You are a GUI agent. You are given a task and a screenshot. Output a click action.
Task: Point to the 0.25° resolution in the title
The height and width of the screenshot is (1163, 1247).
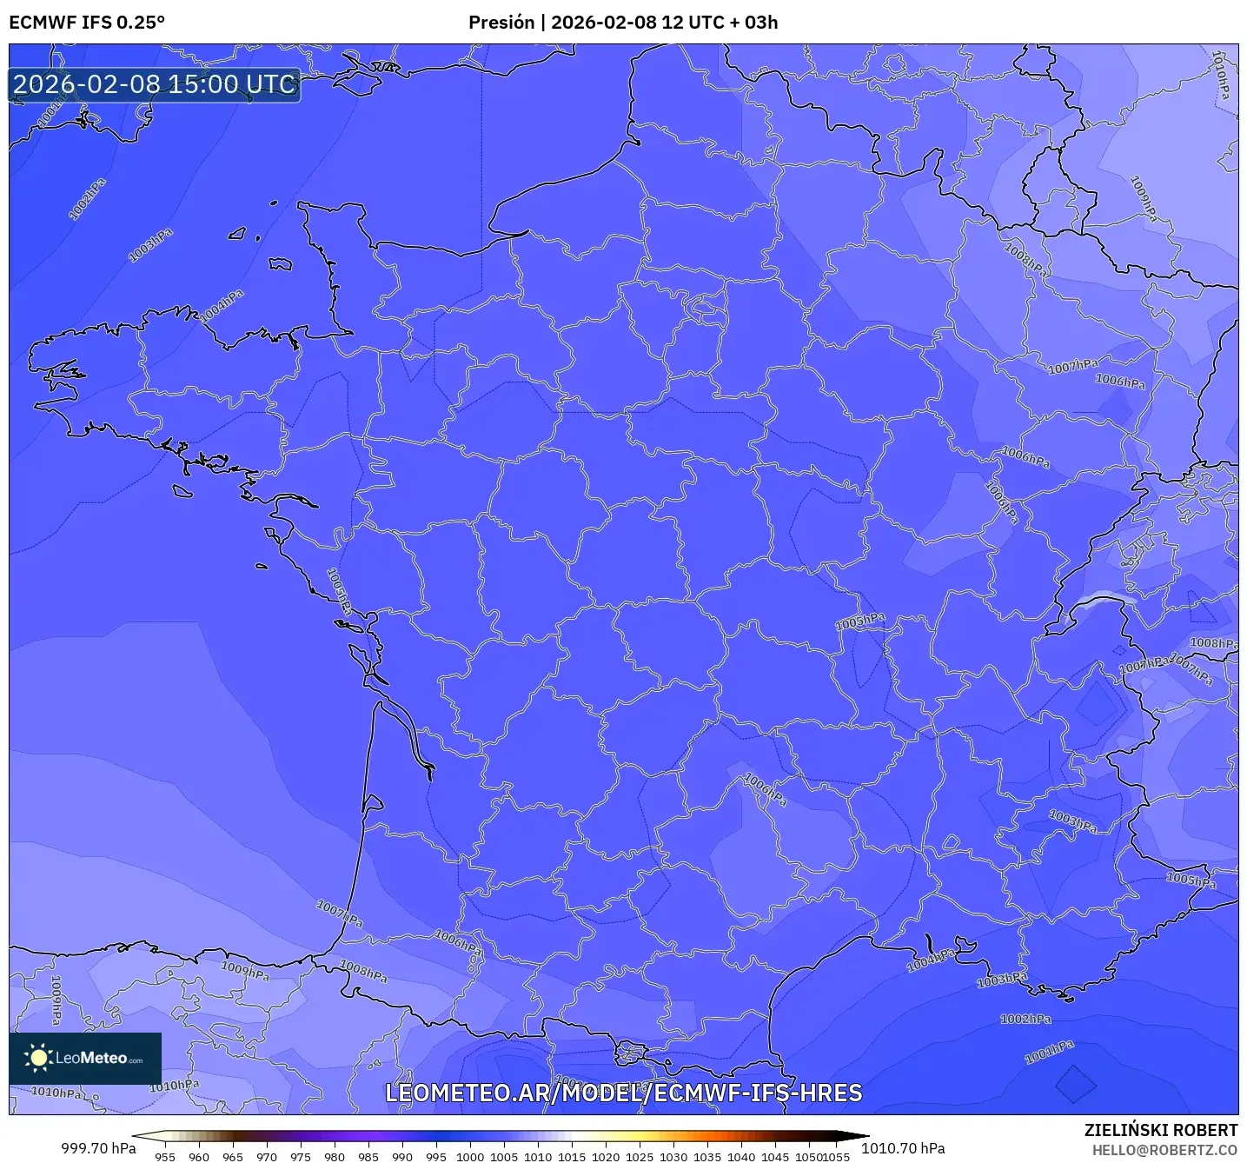(140, 23)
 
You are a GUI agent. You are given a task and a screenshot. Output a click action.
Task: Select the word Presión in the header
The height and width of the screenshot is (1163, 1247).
(501, 23)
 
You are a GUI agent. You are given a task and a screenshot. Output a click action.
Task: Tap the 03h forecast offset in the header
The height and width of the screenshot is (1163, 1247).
(761, 23)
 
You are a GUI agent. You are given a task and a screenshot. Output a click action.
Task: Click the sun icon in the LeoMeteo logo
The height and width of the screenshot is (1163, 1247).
(38, 1058)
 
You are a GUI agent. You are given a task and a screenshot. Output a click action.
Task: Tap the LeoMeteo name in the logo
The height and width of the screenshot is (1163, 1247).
(91, 1058)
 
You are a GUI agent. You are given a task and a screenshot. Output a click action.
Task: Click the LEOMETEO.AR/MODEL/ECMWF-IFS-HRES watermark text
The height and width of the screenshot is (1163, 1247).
(623, 1093)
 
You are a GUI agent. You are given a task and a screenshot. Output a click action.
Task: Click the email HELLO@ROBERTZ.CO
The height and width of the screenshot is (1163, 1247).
(1164, 1150)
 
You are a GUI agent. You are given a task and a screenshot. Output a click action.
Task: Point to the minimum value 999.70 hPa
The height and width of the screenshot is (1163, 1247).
(98, 1148)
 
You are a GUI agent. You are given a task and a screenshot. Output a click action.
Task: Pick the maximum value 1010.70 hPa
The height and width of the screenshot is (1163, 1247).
(903, 1148)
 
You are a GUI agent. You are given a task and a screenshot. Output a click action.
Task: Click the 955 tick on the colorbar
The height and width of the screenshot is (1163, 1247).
(165, 1156)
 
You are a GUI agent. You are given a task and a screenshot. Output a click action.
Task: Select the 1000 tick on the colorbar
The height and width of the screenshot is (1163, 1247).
(470, 1156)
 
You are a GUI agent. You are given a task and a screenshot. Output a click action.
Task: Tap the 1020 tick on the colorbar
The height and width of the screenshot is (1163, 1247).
(606, 1156)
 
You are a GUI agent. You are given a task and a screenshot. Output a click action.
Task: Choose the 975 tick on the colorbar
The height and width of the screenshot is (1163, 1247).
(301, 1156)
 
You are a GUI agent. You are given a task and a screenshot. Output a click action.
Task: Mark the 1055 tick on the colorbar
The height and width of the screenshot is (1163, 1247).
(836, 1156)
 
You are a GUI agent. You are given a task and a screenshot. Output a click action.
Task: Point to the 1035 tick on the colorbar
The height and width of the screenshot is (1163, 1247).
(707, 1156)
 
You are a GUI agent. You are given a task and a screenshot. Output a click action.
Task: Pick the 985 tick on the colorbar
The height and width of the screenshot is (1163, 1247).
(368, 1156)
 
